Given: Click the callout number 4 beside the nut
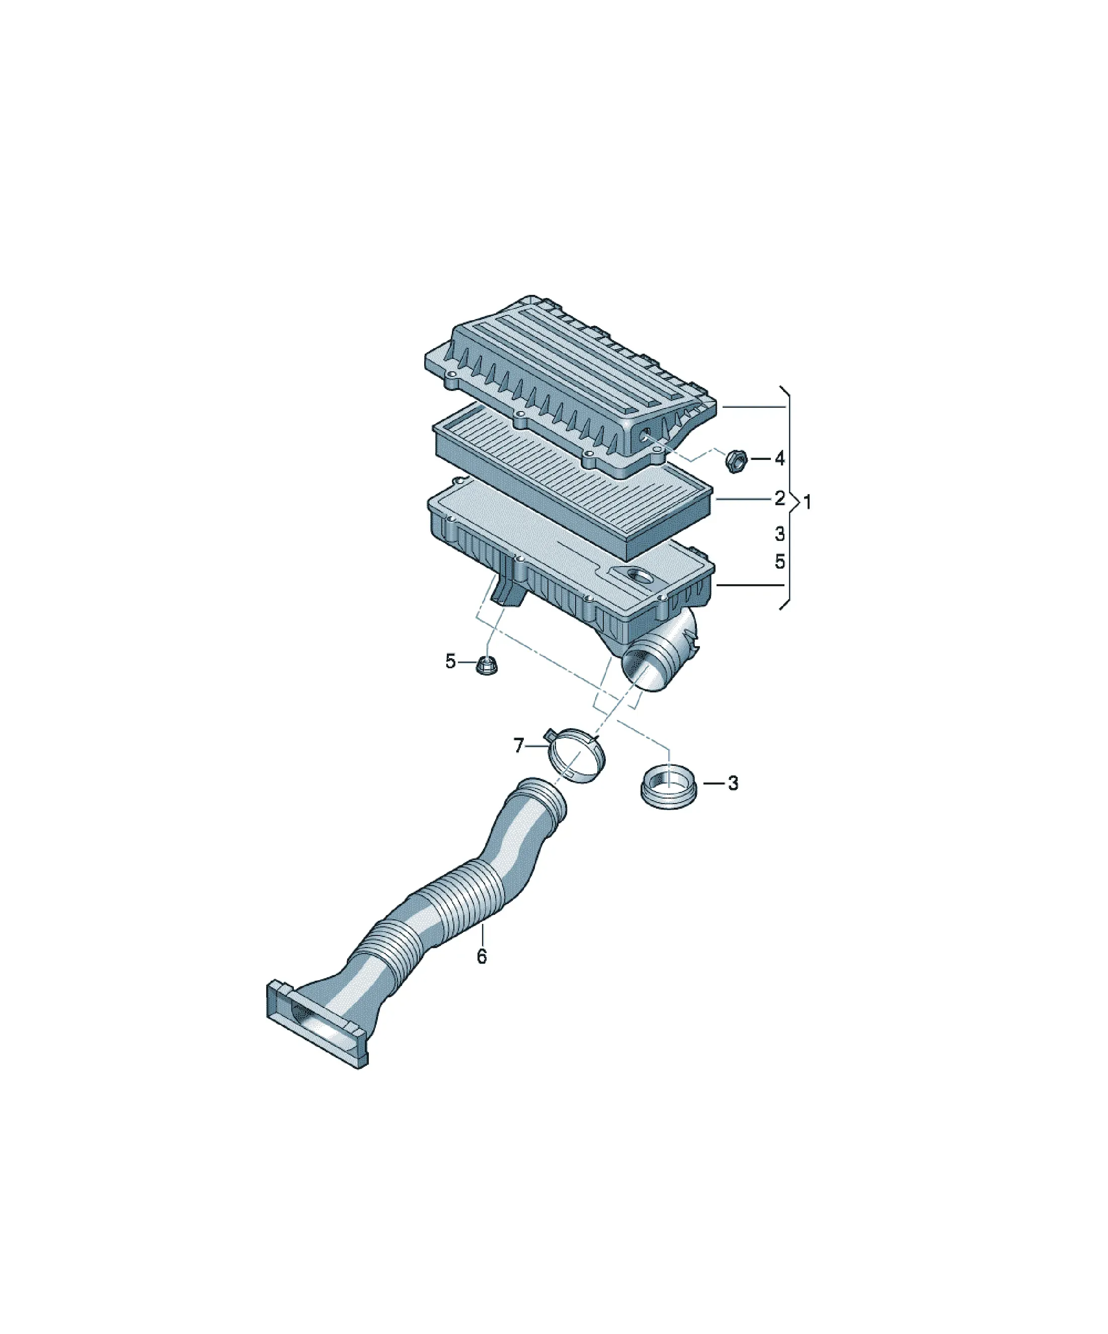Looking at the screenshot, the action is pos(779,458).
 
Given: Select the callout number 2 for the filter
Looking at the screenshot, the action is pos(779,499).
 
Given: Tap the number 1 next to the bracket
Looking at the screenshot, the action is pos(808,503).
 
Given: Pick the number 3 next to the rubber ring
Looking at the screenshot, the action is pos(733,783).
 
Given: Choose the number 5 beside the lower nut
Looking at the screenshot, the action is pos(450,662).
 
